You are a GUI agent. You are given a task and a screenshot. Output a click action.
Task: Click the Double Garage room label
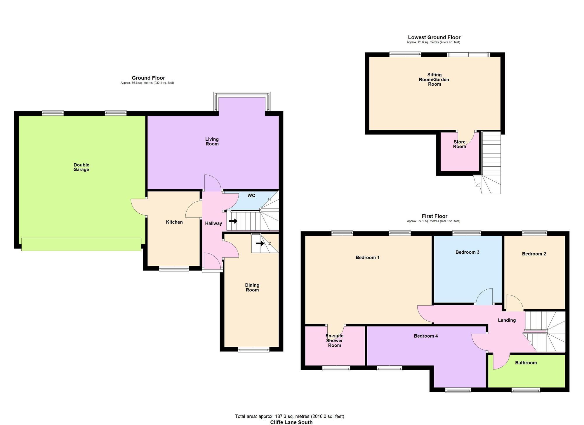(81, 167)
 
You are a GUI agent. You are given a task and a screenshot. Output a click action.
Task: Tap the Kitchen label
(174, 222)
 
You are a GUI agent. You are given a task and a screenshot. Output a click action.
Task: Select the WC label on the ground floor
(251, 196)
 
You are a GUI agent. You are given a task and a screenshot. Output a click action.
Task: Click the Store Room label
(459, 144)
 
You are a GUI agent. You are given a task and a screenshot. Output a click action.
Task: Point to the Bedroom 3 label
(467, 252)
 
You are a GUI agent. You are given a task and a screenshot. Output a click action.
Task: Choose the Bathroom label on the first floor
(526, 363)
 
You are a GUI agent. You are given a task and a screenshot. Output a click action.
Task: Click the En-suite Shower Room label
(334, 341)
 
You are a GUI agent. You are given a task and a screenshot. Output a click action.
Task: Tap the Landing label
(507, 320)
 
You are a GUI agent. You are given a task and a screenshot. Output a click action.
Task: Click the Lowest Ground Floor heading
(434, 37)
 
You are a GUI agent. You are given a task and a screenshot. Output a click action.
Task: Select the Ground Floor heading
(148, 78)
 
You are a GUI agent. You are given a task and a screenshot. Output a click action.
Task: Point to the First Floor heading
(434, 216)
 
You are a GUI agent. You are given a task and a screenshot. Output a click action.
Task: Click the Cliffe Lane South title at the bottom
(291, 422)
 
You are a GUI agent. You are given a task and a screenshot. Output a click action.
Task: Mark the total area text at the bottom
(289, 416)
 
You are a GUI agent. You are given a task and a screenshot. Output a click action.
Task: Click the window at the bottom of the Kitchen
(174, 269)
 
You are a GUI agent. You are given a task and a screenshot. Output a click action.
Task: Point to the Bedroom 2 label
(534, 254)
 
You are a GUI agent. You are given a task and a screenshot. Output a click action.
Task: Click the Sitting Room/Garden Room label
(434, 80)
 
